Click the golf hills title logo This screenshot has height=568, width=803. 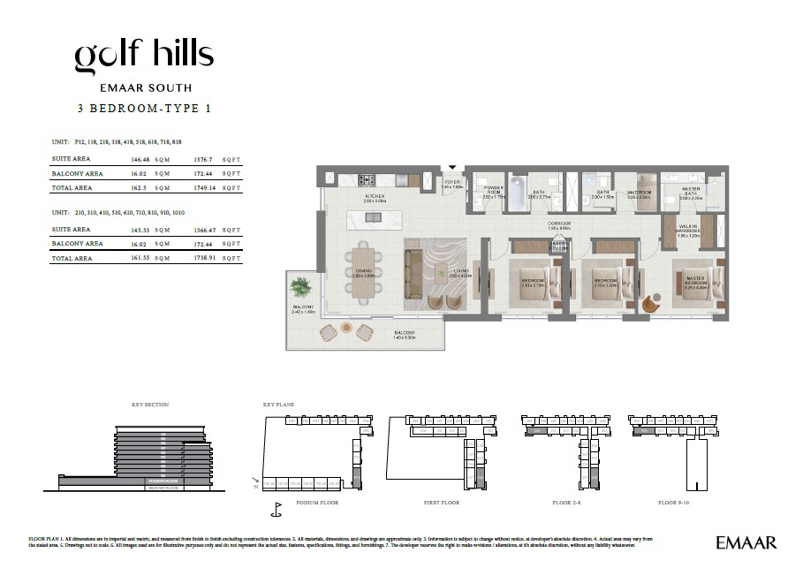(x=143, y=56)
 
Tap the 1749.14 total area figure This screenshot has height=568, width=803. (x=203, y=188)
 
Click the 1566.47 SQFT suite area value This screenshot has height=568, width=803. (x=203, y=230)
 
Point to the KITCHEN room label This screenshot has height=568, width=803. (x=375, y=198)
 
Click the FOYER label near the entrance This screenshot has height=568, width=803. (x=452, y=184)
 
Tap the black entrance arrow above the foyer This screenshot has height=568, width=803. (x=453, y=166)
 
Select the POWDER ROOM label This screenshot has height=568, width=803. (x=493, y=191)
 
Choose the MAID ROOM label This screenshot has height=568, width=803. (x=639, y=193)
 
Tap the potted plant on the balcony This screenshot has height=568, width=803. (x=299, y=289)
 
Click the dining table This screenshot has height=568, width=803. (x=365, y=273)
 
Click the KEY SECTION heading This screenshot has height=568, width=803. (x=149, y=405)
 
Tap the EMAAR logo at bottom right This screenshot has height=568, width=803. (x=746, y=541)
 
